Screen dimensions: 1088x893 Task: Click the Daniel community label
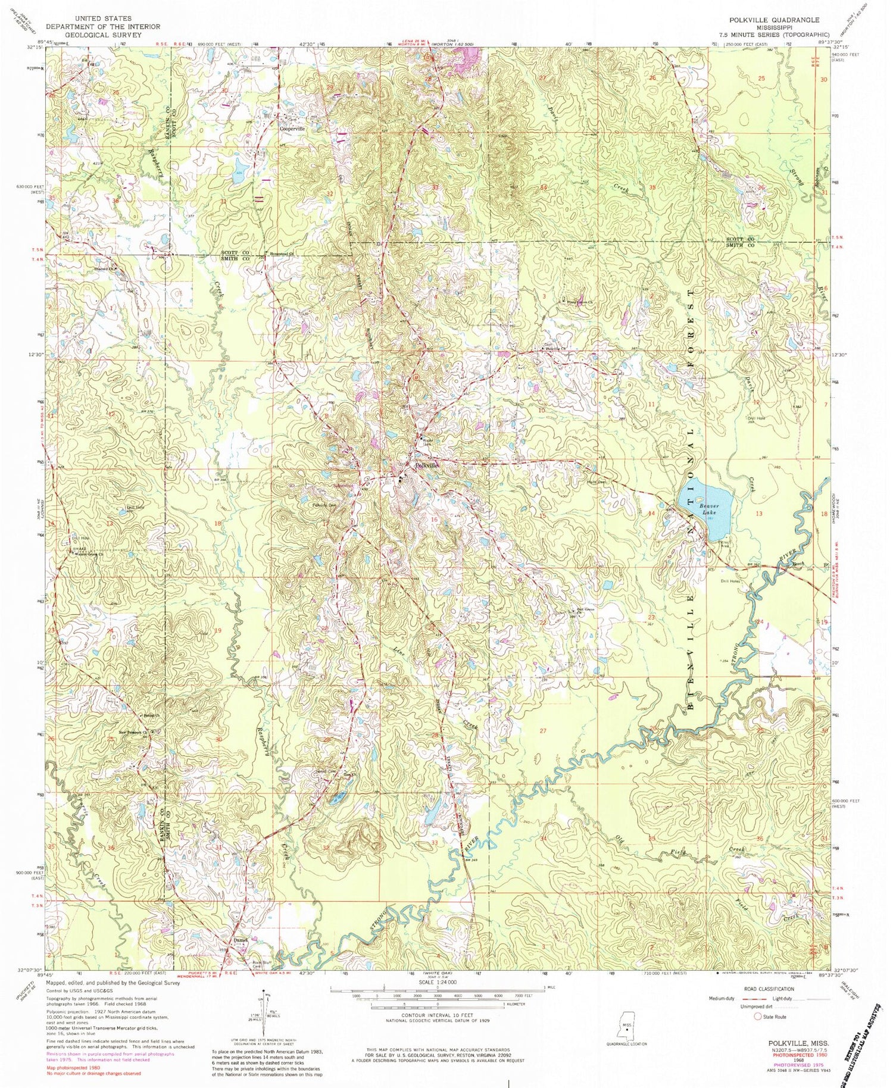coord(240,940)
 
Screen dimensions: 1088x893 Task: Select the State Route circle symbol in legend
coord(757,1017)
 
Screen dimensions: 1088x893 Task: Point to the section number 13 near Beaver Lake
coord(758,513)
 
